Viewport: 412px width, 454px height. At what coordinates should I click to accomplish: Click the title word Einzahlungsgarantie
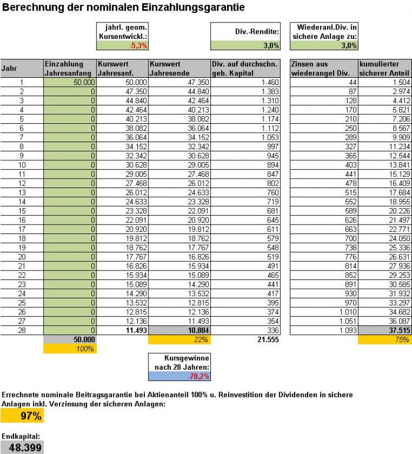click(x=187, y=8)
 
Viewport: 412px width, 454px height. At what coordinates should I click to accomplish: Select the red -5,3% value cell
click(x=123, y=45)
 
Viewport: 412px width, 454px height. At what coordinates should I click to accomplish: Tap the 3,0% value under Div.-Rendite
click(x=246, y=45)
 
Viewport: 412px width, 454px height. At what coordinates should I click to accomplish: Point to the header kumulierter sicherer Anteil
click(x=384, y=68)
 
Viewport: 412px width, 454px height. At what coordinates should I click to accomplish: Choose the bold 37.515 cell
click(x=384, y=331)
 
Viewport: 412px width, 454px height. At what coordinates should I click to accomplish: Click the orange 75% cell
click(x=384, y=340)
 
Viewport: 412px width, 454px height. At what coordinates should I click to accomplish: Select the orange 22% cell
click(x=179, y=340)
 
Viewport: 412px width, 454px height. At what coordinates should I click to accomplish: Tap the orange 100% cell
click(x=70, y=349)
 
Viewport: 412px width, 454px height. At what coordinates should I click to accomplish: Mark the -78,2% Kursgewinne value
click(x=179, y=375)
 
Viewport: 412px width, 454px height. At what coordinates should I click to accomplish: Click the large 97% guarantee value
click(x=22, y=416)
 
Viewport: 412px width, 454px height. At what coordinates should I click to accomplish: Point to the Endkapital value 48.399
click(x=22, y=448)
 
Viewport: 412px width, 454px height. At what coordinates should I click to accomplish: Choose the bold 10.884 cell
click(x=179, y=331)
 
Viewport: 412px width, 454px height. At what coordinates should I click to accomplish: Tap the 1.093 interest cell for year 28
click(x=323, y=331)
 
